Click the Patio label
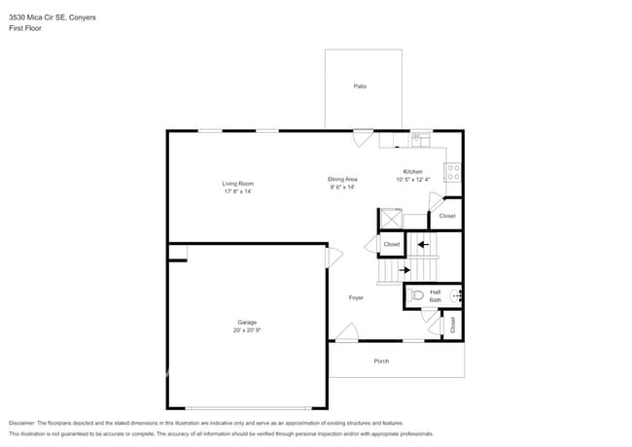(x=360, y=86)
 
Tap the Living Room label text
(x=237, y=184)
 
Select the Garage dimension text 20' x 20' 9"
(x=247, y=330)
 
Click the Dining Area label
(x=341, y=179)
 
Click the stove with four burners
(x=452, y=173)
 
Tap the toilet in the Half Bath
(x=417, y=294)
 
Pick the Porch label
(x=381, y=361)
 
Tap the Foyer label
(x=356, y=297)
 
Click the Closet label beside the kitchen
(x=446, y=216)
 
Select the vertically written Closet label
(x=452, y=326)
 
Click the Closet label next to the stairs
(x=391, y=244)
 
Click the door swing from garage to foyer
(x=334, y=257)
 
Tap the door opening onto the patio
(x=363, y=137)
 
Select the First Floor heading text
(x=25, y=28)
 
